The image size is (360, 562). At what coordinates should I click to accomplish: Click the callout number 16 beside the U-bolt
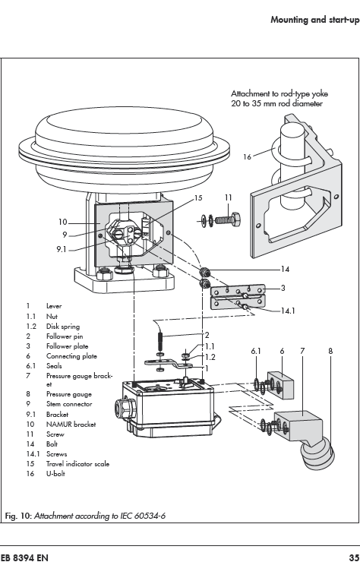pyautogui.click(x=247, y=157)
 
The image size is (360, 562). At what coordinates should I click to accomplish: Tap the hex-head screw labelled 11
pyautogui.click(x=227, y=219)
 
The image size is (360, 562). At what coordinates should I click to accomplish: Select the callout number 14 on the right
pyautogui.click(x=285, y=269)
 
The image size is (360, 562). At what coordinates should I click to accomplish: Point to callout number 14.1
pyautogui.click(x=288, y=311)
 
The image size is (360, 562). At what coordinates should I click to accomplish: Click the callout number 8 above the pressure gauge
pyautogui.click(x=330, y=351)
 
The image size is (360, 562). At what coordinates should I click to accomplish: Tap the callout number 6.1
pyautogui.click(x=256, y=351)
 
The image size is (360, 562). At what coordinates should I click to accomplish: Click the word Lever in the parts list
pyautogui.click(x=54, y=306)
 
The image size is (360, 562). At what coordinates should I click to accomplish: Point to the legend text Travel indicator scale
pyautogui.click(x=77, y=464)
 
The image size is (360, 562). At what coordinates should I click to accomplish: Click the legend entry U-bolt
pyautogui.click(x=55, y=474)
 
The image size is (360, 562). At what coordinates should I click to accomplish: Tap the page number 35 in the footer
pyautogui.click(x=354, y=557)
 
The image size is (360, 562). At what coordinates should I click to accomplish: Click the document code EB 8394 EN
pyautogui.click(x=24, y=557)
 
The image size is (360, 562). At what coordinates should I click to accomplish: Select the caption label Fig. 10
pyautogui.click(x=18, y=516)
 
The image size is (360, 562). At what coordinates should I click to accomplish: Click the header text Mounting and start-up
pyautogui.click(x=315, y=19)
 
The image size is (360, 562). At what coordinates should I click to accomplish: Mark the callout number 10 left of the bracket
pyautogui.click(x=63, y=223)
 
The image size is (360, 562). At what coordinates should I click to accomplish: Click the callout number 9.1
pyautogui.click(x=62, y=248)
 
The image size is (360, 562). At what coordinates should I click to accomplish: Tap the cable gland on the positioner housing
pyautogui.click(x=120, y=408)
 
